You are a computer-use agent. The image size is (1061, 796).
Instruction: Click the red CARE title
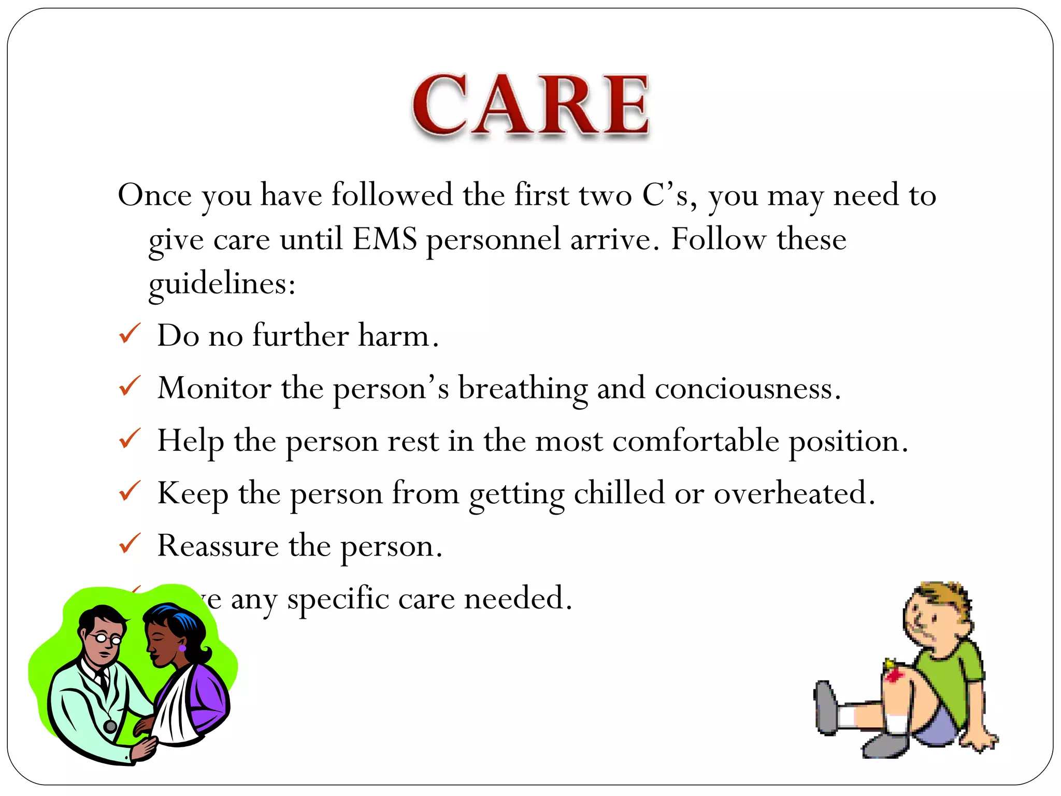coord(530,105)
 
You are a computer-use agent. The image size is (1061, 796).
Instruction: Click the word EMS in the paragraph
coord(384,239)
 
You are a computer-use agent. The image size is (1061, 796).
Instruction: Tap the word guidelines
coord(221,284)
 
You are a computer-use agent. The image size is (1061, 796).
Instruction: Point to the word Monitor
coord(214,388)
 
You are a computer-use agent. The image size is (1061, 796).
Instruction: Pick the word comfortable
coord(695,441)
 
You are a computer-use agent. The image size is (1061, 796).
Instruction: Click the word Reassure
coord(218,546)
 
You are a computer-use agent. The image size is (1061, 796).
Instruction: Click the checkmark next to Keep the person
coord(130,491)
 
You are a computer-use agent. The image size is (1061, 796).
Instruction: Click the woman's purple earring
coord(182,648)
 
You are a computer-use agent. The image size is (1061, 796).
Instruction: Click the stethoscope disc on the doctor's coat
coord(110,726)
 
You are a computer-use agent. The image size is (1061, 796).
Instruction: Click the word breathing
coord(523,389)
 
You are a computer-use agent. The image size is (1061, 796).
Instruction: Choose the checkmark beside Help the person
coord(130,438)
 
